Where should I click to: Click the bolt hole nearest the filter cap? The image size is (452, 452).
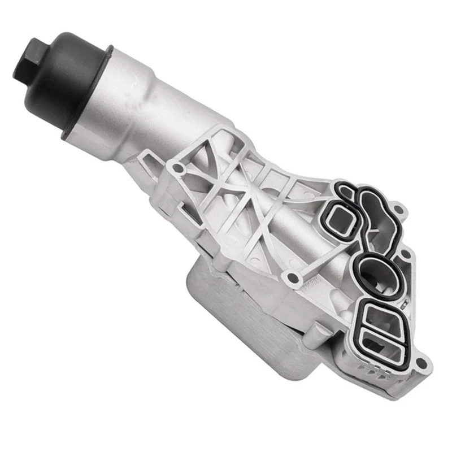(x=179, y=168)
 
